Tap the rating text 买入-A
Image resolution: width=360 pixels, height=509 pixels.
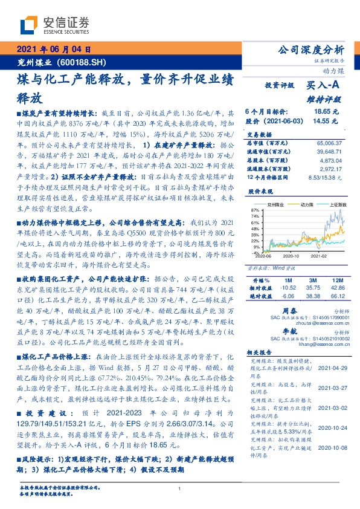[x=324, y=87]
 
